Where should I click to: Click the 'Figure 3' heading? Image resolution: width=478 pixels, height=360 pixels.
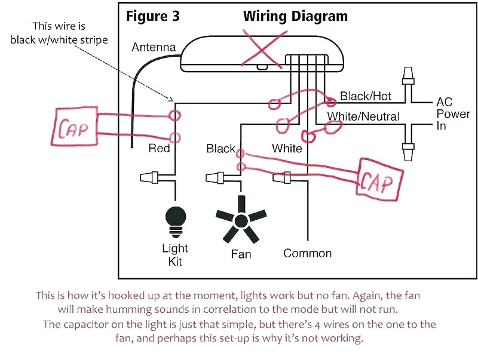pyautogui.click(x=154, y=16)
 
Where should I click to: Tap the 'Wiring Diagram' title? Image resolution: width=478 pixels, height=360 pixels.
pyautogui.click(x=295, y=16)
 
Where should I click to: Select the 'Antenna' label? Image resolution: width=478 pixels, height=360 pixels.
pyautogui.click(x=154, y=47)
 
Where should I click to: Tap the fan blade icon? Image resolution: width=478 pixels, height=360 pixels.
pyautogui.click(x=241, y=220)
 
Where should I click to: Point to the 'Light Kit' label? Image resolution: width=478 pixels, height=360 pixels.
pyautogui.click(x=175, y=254)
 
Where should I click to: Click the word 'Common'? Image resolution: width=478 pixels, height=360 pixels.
pyautogui.click(x=307, y=253)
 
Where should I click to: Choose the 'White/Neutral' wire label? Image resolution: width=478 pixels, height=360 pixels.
pyautogui.click(x=363, y=116)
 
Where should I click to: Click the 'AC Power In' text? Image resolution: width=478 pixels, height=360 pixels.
pyautogui.click(x=453, y=113)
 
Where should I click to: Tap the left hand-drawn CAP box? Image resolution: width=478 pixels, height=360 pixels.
pyautogui.click(x=76, y=127)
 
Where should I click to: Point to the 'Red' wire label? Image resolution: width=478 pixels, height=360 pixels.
pyautogui.click(x=159, y=148)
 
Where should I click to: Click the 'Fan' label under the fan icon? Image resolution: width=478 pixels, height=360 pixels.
pyautogui.click(x=241, y=254)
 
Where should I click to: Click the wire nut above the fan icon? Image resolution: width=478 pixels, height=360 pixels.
pyautogui.click(x=216, y=177)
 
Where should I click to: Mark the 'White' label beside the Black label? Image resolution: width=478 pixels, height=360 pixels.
pyautogui.click(x=287, y=148)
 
